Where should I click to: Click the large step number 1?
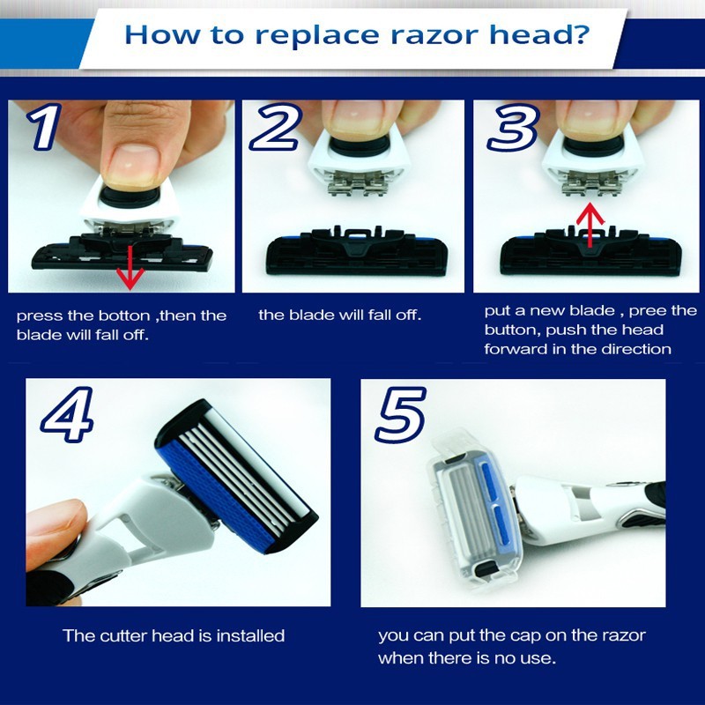coord(44,126)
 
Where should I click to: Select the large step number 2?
coord(274,126)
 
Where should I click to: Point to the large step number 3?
coord(513,126)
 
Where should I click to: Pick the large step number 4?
coord(68,414)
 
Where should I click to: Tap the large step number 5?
coord(400,414)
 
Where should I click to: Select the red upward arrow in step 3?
coord(590,225)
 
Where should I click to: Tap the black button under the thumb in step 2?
coord(360,146)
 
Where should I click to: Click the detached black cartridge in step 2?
coord(358,252)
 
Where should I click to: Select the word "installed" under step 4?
coord(250,635)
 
